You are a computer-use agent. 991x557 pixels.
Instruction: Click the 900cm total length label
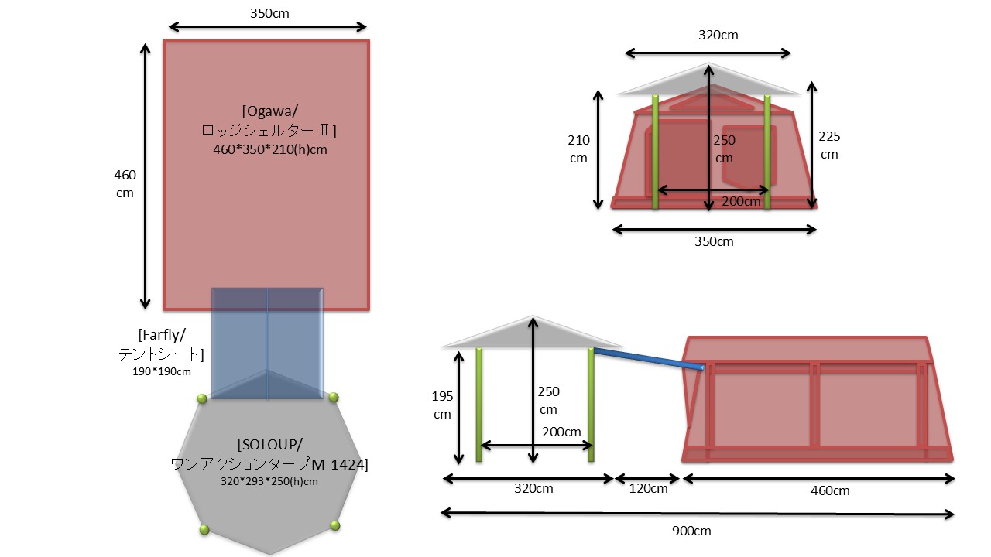coord(692,531)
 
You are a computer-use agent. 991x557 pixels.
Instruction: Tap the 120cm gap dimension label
coord(648,489)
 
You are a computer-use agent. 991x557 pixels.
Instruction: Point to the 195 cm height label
coord(442,405)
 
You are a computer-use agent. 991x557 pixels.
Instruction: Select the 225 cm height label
coord(829,145)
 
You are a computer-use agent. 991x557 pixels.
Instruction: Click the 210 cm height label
coord(578,149)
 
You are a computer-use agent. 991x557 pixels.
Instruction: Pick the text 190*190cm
coord(162,371)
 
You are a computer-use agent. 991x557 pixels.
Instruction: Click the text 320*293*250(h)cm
coord(269,480)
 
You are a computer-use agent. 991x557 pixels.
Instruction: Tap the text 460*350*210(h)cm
coord(270,149)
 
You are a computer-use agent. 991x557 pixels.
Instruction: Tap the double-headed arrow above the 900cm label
coord(697,513)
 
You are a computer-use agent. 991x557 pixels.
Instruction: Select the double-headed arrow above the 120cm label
coord(647,479)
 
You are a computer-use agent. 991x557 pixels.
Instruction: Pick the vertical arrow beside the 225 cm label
coord(811,145)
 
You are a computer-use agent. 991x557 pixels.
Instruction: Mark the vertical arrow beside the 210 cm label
coord(598,149)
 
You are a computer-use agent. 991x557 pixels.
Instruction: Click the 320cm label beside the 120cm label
coord(533,489)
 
